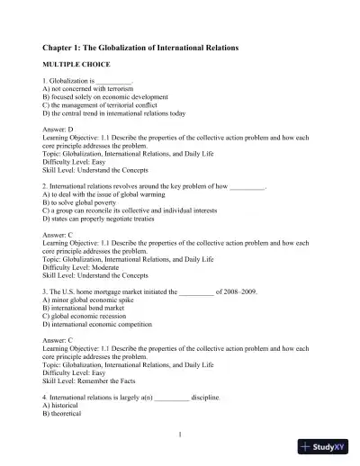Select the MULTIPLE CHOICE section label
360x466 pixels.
[x=76, y=67]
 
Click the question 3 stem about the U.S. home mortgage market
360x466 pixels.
[x=140, y=293]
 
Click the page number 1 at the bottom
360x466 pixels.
[x=180, y=436]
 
